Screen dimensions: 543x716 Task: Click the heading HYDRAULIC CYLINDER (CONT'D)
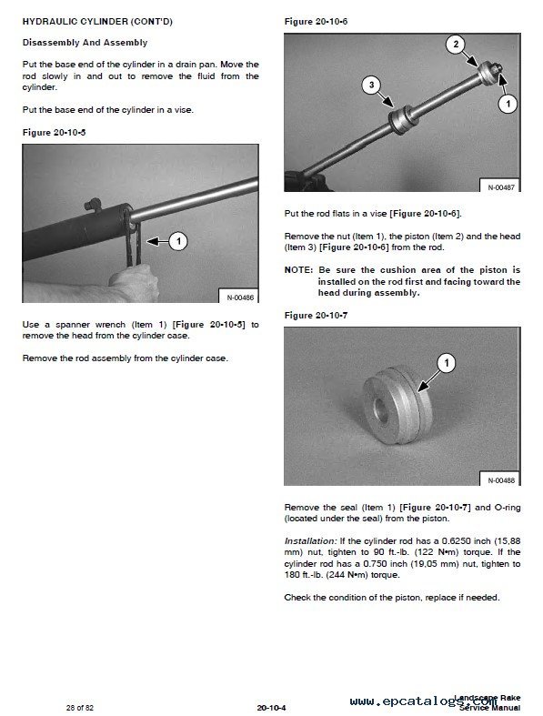[x=97, y=22]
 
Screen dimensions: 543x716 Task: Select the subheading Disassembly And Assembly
[x=85, y=43]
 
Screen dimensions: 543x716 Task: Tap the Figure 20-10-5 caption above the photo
[x=54, y=133]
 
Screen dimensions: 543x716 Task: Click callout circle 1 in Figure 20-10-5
[x=178, y=241]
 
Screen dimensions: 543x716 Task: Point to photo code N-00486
[x=240, y=297]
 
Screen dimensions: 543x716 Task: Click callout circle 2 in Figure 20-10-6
[x=456, y=45]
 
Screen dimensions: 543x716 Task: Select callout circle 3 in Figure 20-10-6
[x=371, y=85]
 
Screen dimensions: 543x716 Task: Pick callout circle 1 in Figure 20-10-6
[x=508, y=104]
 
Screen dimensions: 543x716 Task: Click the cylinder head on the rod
[x=401, y=121]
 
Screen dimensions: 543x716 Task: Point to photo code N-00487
[x=501, y=187]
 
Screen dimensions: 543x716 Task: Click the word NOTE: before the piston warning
[x=298, y=270]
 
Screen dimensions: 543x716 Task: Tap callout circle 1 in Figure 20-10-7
[x=447, y=363]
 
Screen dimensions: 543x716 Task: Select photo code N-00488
[x=501, y=480]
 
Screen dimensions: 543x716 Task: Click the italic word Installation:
[x=310, y=541]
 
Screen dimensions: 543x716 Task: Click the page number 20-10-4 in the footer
[x=271, y=708]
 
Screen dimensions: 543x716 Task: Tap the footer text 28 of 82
[x=79, y=708]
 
